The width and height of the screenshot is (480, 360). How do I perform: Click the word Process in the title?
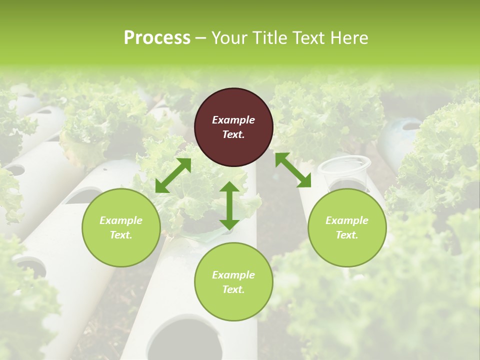(x=157, y=38)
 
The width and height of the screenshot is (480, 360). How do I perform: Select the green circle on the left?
(x=121, y=227)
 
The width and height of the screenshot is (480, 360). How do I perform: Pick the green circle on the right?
(x=347, y=227)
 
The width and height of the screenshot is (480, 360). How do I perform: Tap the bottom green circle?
(x=233, y=281)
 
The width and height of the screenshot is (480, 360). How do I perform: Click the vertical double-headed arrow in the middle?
(x=229, y=205)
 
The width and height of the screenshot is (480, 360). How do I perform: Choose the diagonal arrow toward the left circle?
(x=173, y=175)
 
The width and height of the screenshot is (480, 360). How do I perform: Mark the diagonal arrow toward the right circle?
(x=293, y=170)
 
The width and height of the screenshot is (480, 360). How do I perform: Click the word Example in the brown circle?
(x=233, y=120)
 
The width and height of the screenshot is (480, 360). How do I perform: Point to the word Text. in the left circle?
(x=121, y=235)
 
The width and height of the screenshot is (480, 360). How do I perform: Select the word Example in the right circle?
(x=347, y=220)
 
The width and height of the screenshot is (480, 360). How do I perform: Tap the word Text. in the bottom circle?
(x=233, y=289)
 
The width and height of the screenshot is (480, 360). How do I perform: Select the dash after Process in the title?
(x=201, y=38)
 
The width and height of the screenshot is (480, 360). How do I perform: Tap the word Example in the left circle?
(x=121, y=220)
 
